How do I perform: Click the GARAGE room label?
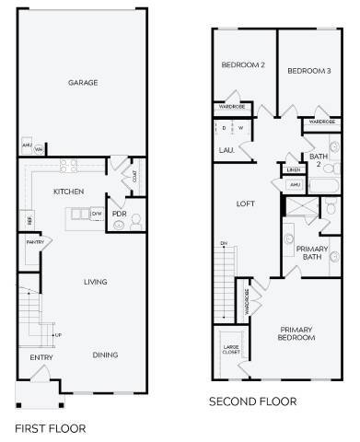[83, 83]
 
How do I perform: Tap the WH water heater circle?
[39, 147]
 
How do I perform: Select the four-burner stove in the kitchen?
[68, 167]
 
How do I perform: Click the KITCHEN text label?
[69, 192]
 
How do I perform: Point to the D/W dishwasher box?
[97, 214]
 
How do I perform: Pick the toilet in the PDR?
[135, 221]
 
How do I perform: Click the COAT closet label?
[135, 180]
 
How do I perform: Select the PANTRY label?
[35, 242]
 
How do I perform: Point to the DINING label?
[105, 355]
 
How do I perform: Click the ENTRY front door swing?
[40, 373]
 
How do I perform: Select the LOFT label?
[245, 204]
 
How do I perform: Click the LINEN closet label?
[294, 170]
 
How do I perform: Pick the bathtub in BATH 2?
[325, 185]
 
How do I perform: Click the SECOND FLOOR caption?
[252, 401]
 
